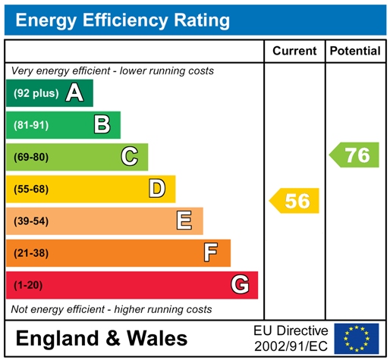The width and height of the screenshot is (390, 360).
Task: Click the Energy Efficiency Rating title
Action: click(122, 20)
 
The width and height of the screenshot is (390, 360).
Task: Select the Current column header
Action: click(294, 52)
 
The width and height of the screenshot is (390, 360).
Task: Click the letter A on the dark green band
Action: click(74, 93)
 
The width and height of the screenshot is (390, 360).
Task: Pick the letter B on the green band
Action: click(102, 125)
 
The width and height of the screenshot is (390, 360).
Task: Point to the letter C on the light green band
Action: click(130, 157)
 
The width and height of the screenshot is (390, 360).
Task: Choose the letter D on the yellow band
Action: click(157, 189)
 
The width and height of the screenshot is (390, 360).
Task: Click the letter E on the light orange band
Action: click(184, 221)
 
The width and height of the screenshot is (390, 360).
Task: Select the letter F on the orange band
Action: click(212, 252)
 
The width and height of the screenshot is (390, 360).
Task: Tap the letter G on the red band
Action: click(240, 285)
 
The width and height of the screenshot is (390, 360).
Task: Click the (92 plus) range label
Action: click(36, 94)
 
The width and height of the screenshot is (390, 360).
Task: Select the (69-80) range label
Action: click(30, 158)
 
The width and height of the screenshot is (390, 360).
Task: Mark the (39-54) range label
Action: click(30, 221)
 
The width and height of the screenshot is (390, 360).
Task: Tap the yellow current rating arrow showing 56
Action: click(295, 201)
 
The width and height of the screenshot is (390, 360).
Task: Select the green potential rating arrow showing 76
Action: click(354, 155)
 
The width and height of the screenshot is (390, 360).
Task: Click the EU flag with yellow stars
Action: click(356, 337)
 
